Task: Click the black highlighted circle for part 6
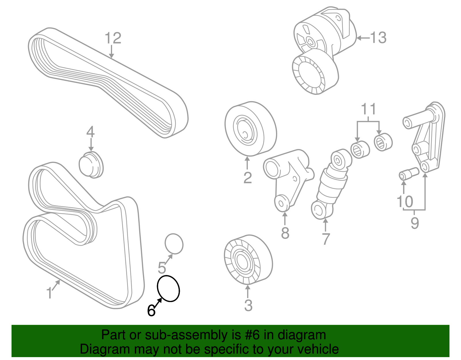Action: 168,289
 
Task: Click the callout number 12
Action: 113,38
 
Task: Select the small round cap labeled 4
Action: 91,165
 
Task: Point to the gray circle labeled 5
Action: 174,244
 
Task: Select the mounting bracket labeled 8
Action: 288,179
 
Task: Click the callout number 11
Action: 369,109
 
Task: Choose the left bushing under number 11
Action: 360,149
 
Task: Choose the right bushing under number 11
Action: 383,142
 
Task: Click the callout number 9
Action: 415,223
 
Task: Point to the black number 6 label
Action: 151,311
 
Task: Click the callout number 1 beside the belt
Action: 50,293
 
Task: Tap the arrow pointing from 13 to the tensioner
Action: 363,38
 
